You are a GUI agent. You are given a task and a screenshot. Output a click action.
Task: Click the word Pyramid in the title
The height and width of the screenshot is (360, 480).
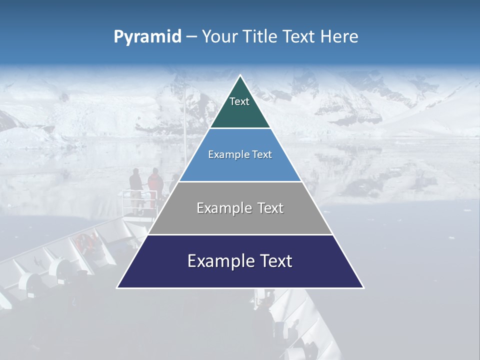click(x=147, y=36)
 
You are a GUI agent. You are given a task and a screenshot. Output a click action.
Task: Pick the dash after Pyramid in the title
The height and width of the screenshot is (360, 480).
click(x=191, y=37)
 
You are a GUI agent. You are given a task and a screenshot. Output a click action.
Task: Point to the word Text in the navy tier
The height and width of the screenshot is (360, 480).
click(x=275, y=261)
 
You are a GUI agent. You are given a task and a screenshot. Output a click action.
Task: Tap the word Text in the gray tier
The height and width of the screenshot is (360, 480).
click(x=270, y=208)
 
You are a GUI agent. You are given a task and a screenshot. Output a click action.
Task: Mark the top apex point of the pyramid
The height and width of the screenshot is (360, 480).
click(x=240, y=75)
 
